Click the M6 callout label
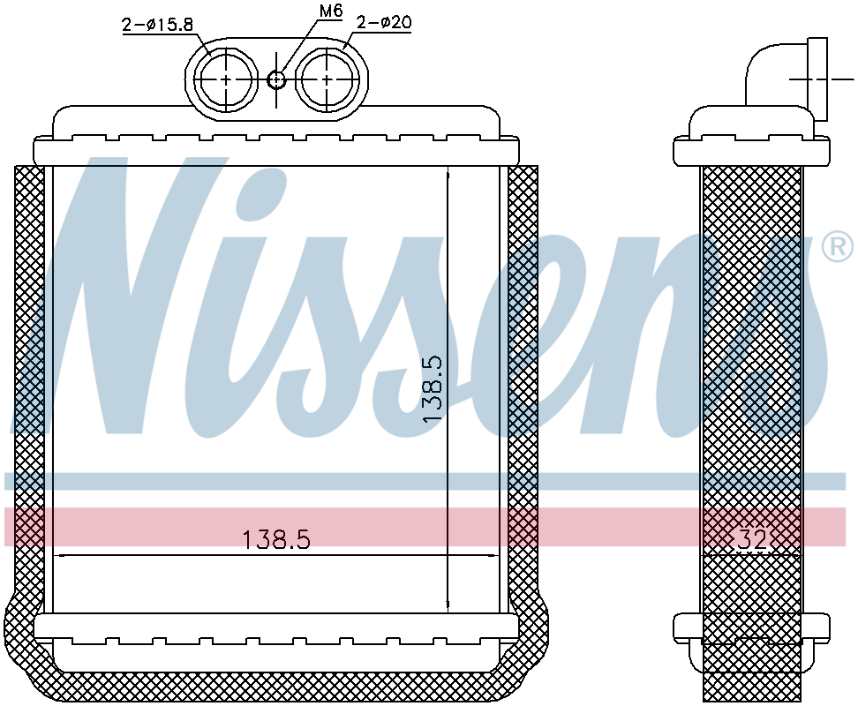coord(330,11)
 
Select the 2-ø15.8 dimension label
coord(158,25)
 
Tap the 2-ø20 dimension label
coord(384,22)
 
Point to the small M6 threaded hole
coord(277,80)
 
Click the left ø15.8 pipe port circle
coord(227,79)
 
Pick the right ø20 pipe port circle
coord(327,79)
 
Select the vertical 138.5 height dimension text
coord(433,388)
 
